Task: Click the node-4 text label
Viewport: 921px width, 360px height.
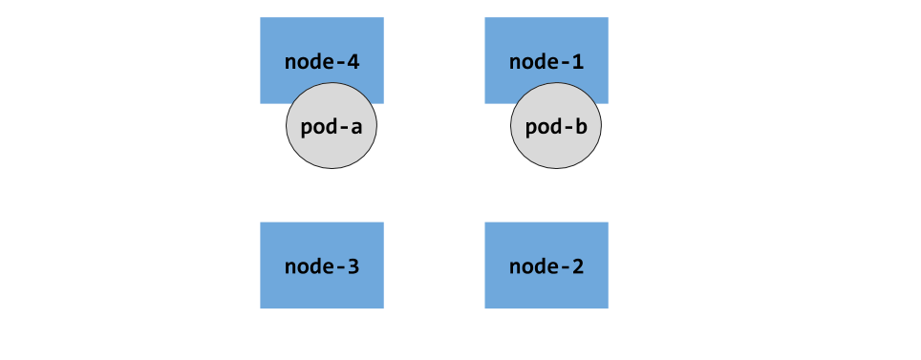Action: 322,62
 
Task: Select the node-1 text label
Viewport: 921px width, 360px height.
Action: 546,62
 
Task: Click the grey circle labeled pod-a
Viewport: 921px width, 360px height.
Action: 332,143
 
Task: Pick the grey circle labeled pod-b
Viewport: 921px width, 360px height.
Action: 555,143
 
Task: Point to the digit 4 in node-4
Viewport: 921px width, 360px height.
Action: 353,62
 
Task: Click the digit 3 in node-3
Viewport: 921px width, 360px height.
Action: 353,266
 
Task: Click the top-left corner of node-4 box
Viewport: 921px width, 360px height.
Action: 261,18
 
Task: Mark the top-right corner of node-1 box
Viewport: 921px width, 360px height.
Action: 608,18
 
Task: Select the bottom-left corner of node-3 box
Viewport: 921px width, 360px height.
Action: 261,308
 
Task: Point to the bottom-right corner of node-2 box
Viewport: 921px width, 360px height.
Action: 608,308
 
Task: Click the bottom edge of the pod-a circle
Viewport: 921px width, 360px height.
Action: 332,168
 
